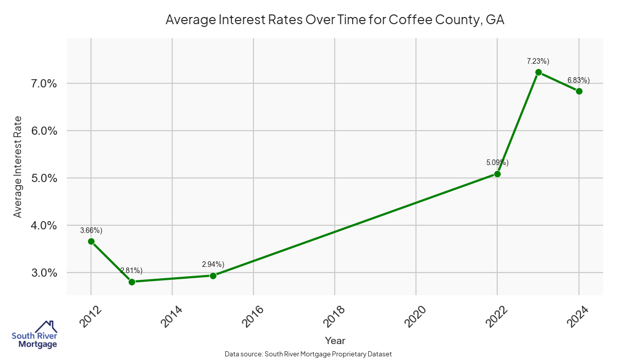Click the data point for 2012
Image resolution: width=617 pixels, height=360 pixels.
91,241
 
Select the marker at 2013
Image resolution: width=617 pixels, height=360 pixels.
132,282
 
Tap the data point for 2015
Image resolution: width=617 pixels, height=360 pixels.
213,276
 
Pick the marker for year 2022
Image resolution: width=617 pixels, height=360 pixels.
497,174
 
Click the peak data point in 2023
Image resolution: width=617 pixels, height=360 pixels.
538,73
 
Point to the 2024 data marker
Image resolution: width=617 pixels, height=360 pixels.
579,91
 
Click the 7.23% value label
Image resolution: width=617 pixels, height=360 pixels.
538,61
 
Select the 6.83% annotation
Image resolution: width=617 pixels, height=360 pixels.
578,80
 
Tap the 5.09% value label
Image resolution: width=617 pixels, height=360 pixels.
497,163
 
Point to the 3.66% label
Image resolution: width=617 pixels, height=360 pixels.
91,230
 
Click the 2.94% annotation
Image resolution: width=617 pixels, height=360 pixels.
213,264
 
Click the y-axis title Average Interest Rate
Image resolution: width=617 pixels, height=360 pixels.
18,166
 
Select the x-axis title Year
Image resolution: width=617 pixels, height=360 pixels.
335,340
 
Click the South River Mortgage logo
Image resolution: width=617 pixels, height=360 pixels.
34,335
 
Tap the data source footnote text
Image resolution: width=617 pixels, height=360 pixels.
308,354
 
